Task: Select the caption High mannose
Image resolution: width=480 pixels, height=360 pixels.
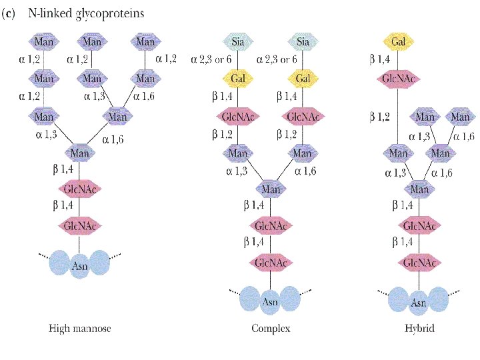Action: pyautogui.click(x=79, y=328)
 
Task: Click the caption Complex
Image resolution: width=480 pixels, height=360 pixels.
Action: pyautogui.click(x=271, y=328)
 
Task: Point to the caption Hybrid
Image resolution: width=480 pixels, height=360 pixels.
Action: pyautogui.click(x=419, y=328)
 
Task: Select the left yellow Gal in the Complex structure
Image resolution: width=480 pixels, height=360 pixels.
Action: pyautogui.click(x=238, y=79)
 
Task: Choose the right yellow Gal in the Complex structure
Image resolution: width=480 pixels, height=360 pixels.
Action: pyautogui.click(x=303, y=79)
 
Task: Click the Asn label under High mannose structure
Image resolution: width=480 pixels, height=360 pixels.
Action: pyautogui.click(x=79, y=267)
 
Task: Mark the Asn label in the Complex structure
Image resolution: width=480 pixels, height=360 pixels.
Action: pyautogui.click(x=270, y=302)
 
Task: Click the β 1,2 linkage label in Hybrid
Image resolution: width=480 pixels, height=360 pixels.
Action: pyautogui.click(x=380, y=117)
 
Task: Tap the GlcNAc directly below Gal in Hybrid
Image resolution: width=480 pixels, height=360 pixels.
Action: pyautogui.click(x=399, y=79)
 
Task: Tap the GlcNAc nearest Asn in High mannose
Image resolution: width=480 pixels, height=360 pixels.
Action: pyautogui.click(x=79, y=225)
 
